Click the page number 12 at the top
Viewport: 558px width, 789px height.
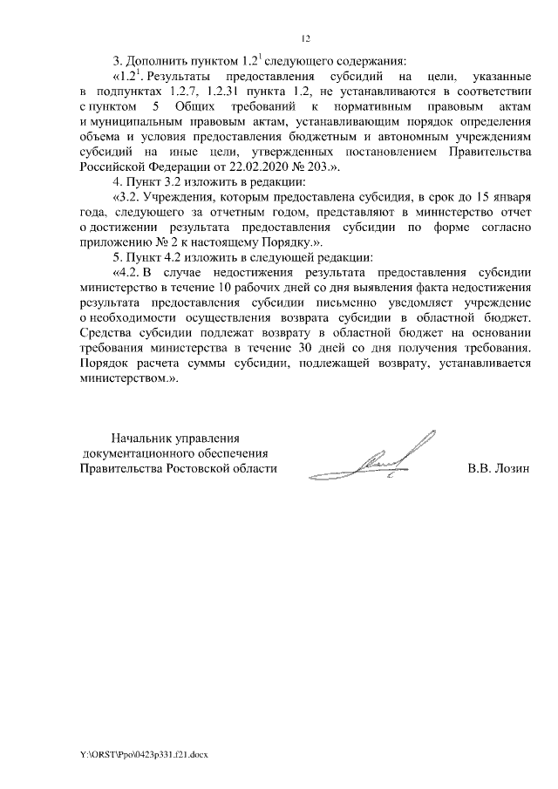pos(305,38)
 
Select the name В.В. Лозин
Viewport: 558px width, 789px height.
pos(499,468)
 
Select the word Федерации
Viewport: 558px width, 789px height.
pos(196,165)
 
